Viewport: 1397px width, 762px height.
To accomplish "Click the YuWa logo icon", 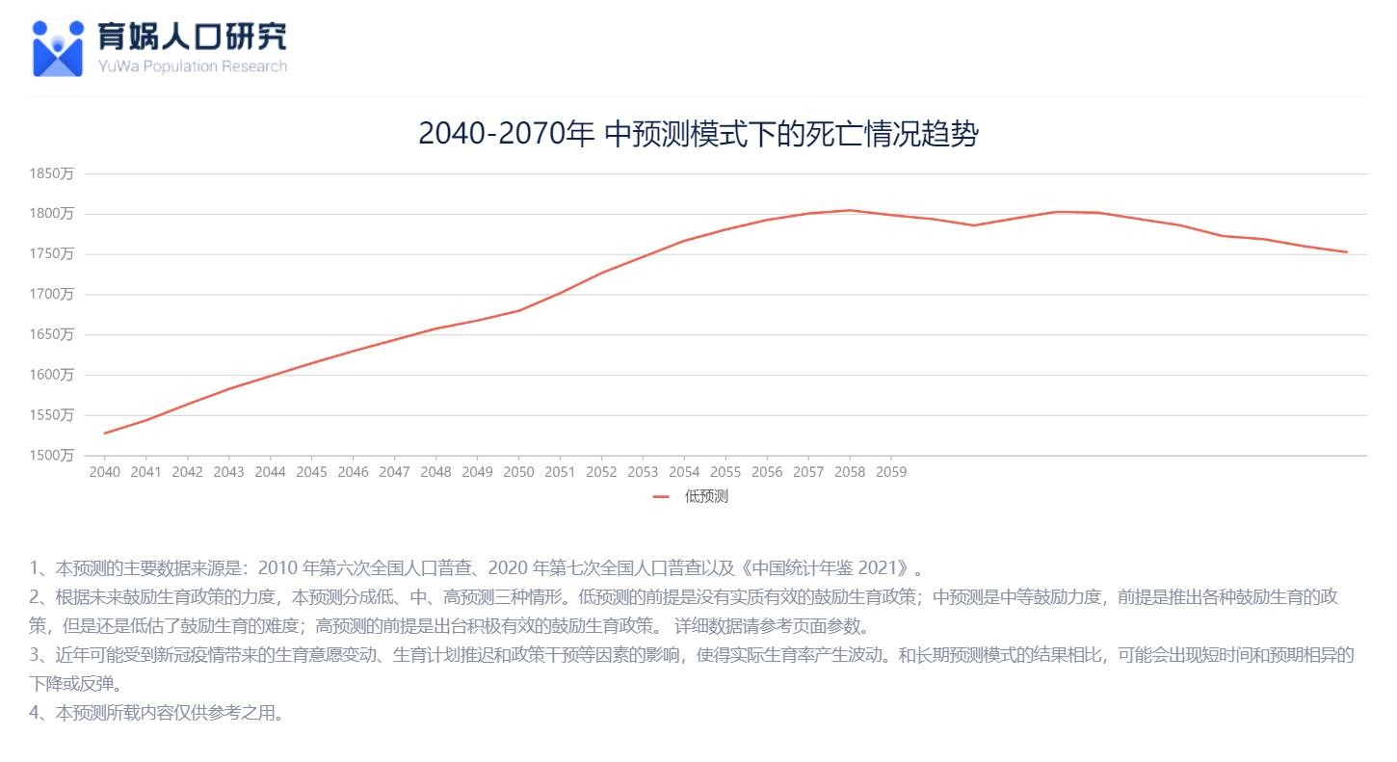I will tap(58, 48).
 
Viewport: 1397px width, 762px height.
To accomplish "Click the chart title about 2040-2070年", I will tap(698, 134).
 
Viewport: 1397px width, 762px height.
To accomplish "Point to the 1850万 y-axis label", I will tap(52, 173).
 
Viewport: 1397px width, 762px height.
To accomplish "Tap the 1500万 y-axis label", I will tap(52, 455).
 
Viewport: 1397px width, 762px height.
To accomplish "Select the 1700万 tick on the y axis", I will tap(52, 294).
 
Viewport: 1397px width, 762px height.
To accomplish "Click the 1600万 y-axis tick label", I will tap(52, 375).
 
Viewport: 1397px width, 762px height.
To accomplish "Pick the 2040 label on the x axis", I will tap(105, 472).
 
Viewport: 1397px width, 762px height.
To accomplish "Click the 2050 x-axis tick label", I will tap(518, 472).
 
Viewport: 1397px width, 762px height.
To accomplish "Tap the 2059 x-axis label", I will tap(890, 472).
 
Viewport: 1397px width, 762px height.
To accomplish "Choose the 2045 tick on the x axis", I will tap(311, 472).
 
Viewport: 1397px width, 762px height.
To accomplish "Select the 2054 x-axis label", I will tap(684, 472).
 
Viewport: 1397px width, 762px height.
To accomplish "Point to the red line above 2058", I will tap(850, 210).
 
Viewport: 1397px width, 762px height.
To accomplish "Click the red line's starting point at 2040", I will tap(105, 433).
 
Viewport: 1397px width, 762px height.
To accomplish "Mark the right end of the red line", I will tap(1346, 252).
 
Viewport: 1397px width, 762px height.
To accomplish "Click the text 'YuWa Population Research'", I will tap(193, 66).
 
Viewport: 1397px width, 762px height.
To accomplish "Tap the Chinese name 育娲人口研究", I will tap(193, 37).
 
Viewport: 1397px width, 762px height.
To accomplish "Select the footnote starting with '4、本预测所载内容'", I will tap(156, 714).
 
